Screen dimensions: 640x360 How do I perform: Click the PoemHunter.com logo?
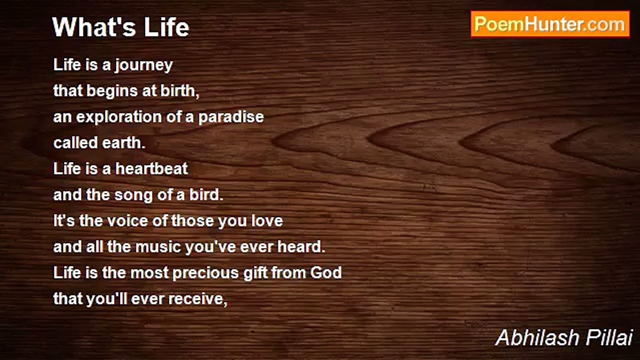coord(550,24)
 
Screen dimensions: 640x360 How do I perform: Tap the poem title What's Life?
coord(120,27)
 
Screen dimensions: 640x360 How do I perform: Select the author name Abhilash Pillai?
coord(564,337)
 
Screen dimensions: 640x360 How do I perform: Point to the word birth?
coord(179,90)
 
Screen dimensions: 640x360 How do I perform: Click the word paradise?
coord(231,117)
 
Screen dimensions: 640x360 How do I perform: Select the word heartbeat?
coord(151,168)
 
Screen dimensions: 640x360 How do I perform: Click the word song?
coord(133,195)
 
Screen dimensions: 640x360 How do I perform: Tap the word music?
coord(158,247)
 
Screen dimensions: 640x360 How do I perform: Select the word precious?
coord(206,273)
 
